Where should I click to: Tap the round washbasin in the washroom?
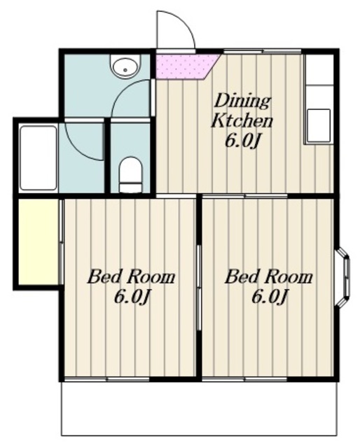pyautogui.click(x=126, y=66)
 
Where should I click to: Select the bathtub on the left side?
pyautogui.click(x=39, y=157)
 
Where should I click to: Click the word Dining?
pyautogui.click(x=242, y=101)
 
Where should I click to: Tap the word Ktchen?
pyautogui.click(x=242, y=121)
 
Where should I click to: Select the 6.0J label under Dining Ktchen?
pyautogui.click(x=243, y=141)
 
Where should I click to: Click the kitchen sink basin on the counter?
pyautogui.click(x=319, y=126)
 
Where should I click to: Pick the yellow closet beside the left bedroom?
pyautogui.click(x=39, y=241)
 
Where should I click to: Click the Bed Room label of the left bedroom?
pyautogui.click(x=131, y=276)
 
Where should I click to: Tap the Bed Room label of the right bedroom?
pyautogui.click(x=268, y=276)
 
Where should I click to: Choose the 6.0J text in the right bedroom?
pyautogui.click(x=270, y=297)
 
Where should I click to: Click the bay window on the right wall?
pyautogui.click(x=343, y=277)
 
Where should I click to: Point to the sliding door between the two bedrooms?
pyautogui.click(x=199, y=288)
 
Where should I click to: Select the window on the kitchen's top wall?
pyautogui.click(x=262, y=51)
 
